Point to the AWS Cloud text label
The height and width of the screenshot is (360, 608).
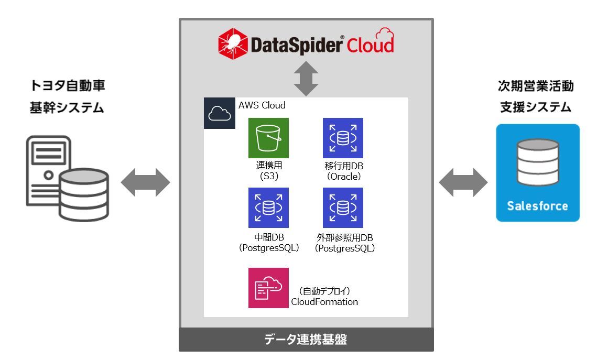(x=262, y=105)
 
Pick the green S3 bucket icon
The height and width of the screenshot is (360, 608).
(x=268, y=138)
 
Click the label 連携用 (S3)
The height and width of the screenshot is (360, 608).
(x=268, y=171)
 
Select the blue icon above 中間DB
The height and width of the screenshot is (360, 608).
(x=268, y=208)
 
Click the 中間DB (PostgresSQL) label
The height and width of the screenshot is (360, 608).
(x=268, y=243)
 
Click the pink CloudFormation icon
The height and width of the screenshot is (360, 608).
(x=268, y=288)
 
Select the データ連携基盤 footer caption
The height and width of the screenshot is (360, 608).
(x=306, y=340)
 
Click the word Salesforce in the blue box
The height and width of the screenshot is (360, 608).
(x=538, y=205)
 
